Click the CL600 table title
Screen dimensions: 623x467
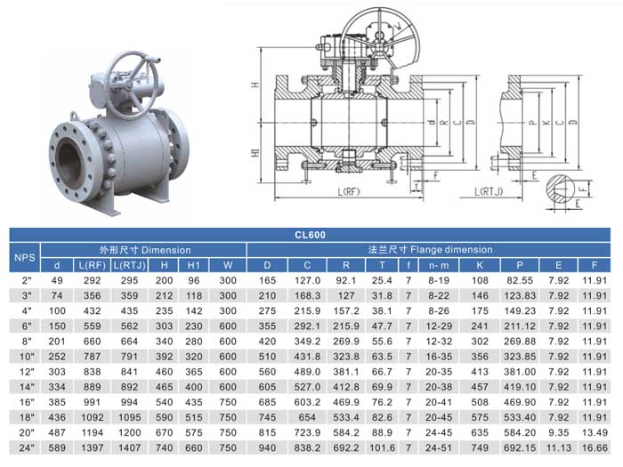pos(310,235)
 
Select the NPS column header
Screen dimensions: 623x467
pos(25,257)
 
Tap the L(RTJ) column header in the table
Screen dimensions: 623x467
pos(130,265)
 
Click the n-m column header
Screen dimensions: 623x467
pos(439,265)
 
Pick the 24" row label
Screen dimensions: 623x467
pos(27,448)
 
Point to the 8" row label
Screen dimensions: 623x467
pos(27,341)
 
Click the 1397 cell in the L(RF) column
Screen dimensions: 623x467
pos(93,448)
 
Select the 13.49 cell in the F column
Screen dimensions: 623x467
pos(595,432)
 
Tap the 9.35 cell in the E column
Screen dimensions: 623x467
pos(559,432)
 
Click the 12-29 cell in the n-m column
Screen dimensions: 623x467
pos(439,326)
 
